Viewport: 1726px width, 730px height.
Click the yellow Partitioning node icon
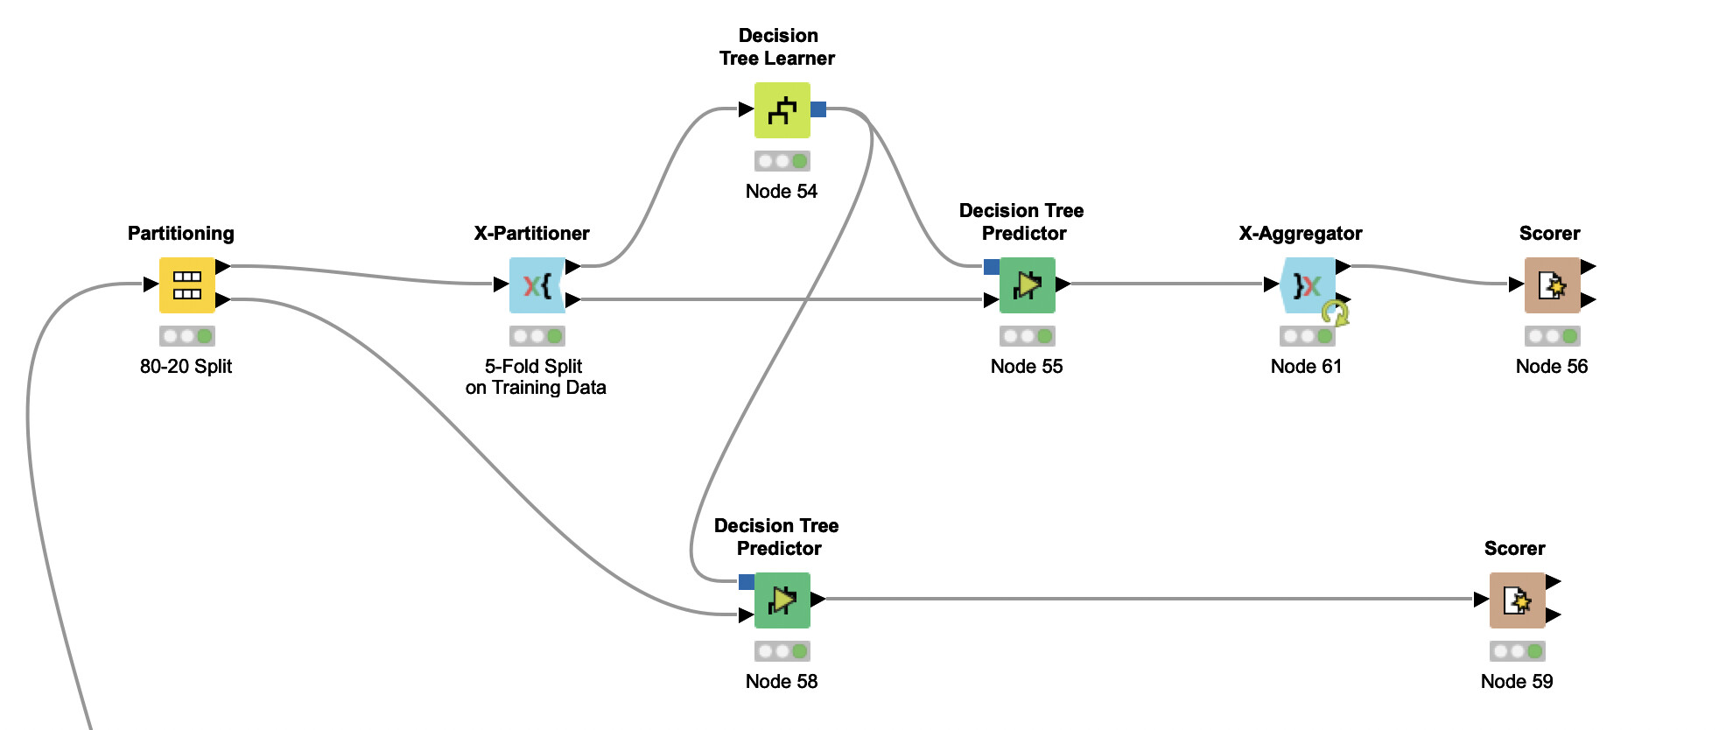(186, 284)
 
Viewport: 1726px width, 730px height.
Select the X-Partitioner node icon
(537, 284)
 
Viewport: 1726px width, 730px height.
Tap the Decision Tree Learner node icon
(782, 109)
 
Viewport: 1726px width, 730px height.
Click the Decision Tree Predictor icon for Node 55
(1027, 284)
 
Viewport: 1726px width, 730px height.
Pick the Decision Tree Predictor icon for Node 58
(782, 600)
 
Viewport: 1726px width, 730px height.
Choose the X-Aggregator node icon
(1307, 284)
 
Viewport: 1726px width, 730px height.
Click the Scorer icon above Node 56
(1552, 284)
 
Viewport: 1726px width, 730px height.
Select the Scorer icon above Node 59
(1517, 600)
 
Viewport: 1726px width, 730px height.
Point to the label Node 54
(782, 191)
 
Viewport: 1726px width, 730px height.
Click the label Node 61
(1306, 366)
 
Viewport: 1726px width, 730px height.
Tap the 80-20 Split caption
(186, 366)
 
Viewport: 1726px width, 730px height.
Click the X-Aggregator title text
(1301, 233)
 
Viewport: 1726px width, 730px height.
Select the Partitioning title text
(181, 233)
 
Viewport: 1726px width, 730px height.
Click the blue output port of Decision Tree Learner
(818, 109)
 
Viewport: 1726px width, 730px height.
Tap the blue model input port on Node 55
(992, 266)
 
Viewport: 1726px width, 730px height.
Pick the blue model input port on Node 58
(747, 581)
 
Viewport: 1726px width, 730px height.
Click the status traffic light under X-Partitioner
(537, 335)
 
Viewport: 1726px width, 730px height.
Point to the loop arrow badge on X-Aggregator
(1335, 312)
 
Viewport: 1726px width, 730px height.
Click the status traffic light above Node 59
(1517, 650)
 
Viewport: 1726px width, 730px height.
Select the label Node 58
(782, 681)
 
